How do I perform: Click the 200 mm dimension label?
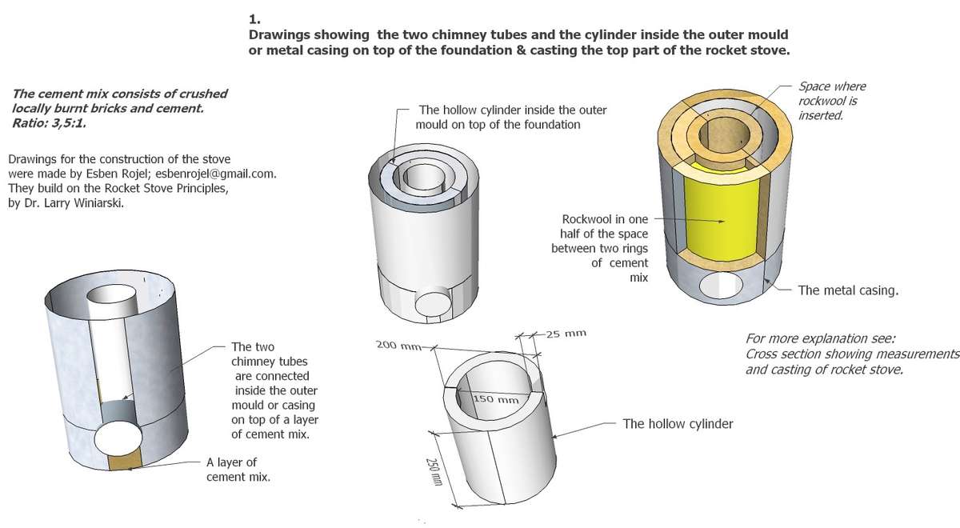[x=398, y=346]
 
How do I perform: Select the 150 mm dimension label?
[x=496, y=399]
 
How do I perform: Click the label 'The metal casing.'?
[x=847, y=290]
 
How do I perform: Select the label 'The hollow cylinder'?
[x=678, y=423]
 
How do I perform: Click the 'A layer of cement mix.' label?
[x=238, y=470]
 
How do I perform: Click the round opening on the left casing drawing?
[x=118, y=439]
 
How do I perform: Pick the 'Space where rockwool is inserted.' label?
[x=832, y=101]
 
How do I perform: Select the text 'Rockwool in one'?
[x=606, y=218]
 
